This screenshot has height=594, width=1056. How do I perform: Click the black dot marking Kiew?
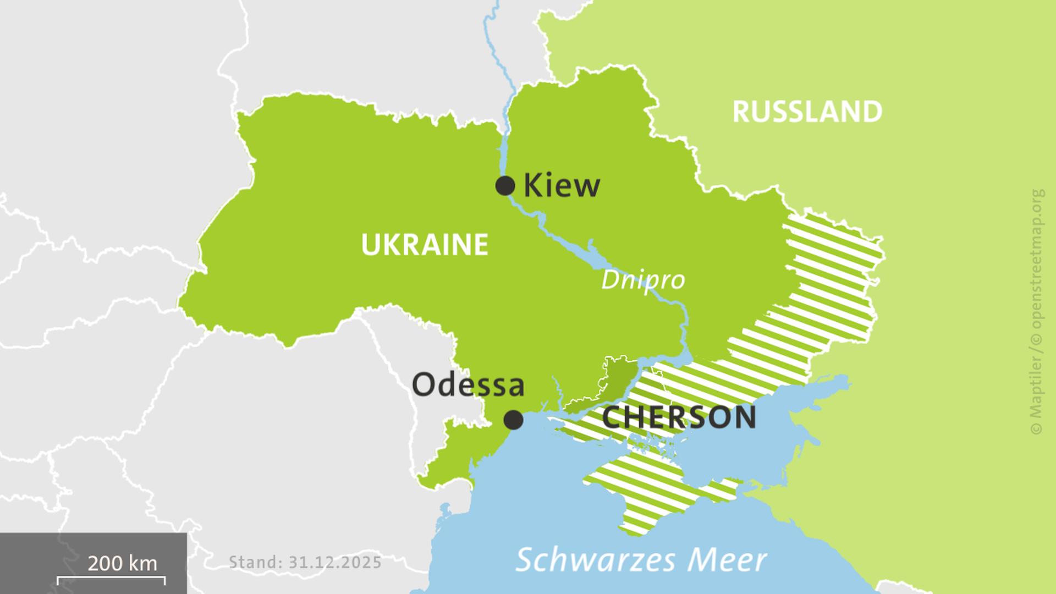pos(505,186)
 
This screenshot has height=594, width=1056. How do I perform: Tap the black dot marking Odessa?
pos(514,420)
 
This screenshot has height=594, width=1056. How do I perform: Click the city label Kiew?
pos(562,185)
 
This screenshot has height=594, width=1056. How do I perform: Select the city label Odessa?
pos(468,384)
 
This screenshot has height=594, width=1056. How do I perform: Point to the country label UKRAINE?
pos(425,245)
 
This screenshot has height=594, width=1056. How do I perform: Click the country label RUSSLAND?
pos(807,112)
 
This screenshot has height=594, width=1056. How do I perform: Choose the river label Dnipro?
pos(642,280)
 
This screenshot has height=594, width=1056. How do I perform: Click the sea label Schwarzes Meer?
pos(641,560)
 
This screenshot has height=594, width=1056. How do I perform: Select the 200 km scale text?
pos(122,563)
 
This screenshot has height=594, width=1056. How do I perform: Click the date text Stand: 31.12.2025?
pos(305,562)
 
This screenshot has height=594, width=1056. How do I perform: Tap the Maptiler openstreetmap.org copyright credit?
pos(1037,311)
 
